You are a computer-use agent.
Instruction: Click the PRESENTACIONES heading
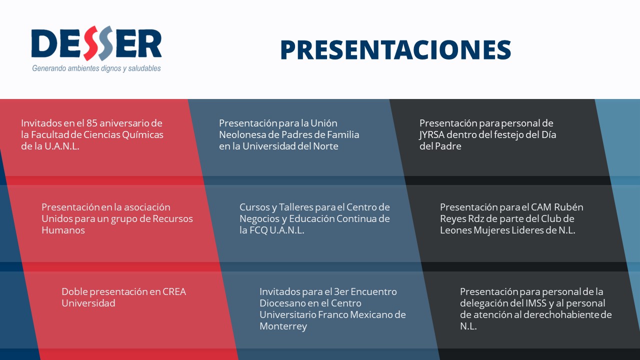click(395, 49)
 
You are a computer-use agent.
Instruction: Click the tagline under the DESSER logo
click(96, 68)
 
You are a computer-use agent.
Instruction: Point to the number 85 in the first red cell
click(91, 123)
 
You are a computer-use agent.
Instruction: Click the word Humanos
click(63, 230)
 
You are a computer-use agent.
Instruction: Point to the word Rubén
click(568, 207)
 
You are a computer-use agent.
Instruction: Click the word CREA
click(174, 291)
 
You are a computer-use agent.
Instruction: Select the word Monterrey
click(283, 326)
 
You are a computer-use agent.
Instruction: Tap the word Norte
click(325, 146)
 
